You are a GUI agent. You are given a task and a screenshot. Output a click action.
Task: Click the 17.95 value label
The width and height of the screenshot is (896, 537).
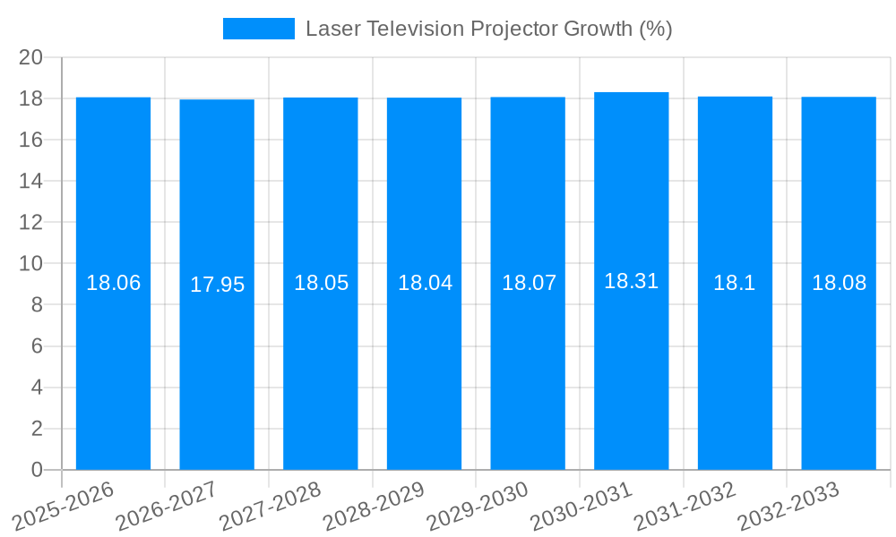click(217, 285)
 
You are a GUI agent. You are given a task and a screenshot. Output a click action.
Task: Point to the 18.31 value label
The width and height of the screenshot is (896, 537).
click(632, 281)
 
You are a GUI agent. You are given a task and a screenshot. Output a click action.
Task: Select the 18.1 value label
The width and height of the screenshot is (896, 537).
click(735, 283)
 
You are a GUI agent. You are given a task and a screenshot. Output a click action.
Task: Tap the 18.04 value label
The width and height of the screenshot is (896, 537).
click(425, 283)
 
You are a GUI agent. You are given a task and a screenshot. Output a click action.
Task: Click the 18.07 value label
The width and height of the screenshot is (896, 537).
click(529, 283)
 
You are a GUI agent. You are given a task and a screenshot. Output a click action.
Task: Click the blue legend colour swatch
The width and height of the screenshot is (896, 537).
click(258, 29)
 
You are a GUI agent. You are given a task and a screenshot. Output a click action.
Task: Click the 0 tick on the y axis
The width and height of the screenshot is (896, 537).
click(37, 470)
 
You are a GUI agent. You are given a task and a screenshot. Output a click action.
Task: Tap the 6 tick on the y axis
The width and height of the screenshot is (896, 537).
click(37, 346)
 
